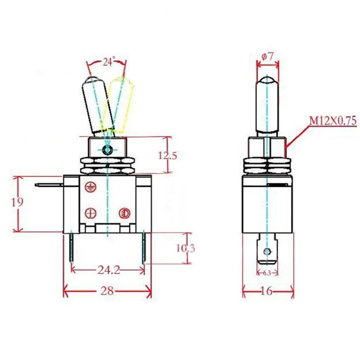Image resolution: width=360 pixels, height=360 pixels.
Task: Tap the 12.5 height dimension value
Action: click(x=168, y=155)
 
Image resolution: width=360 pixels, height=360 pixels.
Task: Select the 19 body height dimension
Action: click(x=17, y=202)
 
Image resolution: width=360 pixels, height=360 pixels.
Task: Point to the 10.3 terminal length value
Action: click(x=185, y=248)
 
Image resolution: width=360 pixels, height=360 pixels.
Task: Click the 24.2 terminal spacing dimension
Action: click(x=108, y=270)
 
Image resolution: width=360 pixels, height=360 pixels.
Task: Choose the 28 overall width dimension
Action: click(x=107, y=291)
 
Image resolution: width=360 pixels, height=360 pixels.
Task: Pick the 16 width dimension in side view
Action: click(x=266, y=291)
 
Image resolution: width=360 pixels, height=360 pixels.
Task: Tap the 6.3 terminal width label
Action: click(x=267, y=273)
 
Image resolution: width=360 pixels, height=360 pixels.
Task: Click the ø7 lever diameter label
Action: click(x=267, y=57)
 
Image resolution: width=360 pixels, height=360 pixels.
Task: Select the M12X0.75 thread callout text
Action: click(x=333, y=121)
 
